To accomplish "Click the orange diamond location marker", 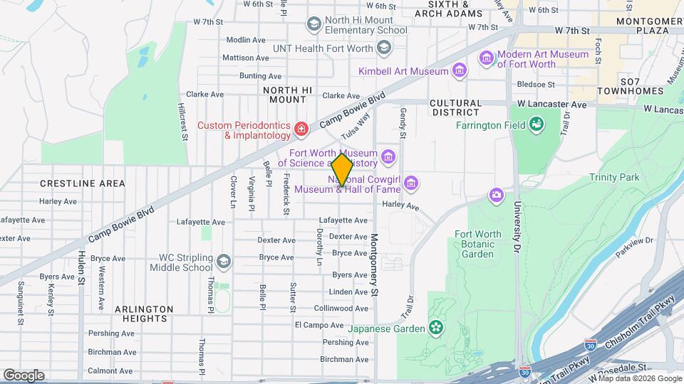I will click(x=342, y=169).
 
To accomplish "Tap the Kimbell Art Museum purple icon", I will click(x=460, y=70).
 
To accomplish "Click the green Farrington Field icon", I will click(x=536, y=126).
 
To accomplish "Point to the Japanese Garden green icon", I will click(x=435, y=328).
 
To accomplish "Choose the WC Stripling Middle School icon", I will click(x=224, y=262).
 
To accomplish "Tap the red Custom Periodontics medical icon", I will click(x=301, y=129).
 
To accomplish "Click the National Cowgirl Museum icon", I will click(x=410, y=184).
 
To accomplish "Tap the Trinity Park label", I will click(x=614, y=177).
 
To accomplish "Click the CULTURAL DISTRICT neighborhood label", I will click(x=456, y=107).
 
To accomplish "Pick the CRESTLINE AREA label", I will click(x=82, y=183).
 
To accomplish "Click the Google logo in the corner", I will click(x=24, y=375).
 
